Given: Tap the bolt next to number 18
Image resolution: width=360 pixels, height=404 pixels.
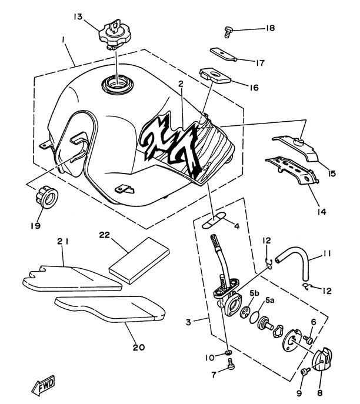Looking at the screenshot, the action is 228,32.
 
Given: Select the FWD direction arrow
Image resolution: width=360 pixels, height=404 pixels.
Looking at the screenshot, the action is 44,386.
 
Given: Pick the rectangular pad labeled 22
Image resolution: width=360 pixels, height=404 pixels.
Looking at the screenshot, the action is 139,261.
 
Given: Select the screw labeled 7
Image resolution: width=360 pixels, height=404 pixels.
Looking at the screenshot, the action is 231,365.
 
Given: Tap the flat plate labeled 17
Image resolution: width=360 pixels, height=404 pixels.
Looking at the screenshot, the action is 223,54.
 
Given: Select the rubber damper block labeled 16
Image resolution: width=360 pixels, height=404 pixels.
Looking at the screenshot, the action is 215,75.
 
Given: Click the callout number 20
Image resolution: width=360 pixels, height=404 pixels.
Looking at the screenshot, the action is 139,348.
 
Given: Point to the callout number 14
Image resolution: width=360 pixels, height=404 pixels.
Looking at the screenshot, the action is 322,212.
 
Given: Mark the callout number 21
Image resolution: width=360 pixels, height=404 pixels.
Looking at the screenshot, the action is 63,241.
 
